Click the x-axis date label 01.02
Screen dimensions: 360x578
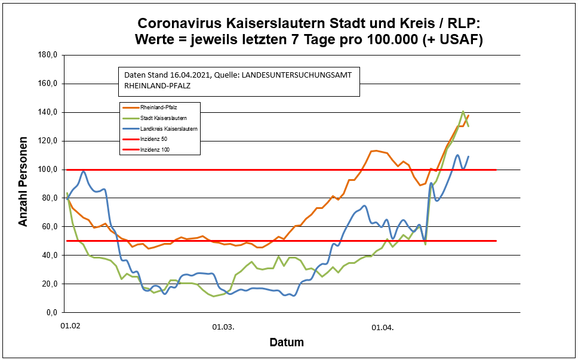click(70, 327)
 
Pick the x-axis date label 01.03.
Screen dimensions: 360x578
click(223, 327)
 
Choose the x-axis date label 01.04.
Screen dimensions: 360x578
click(383, 327)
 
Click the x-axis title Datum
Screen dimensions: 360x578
click(287, 343)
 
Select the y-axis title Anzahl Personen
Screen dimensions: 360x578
click(23, 183)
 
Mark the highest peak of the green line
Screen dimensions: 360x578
click(463, 112)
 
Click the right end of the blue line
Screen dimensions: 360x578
click(469, 156)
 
